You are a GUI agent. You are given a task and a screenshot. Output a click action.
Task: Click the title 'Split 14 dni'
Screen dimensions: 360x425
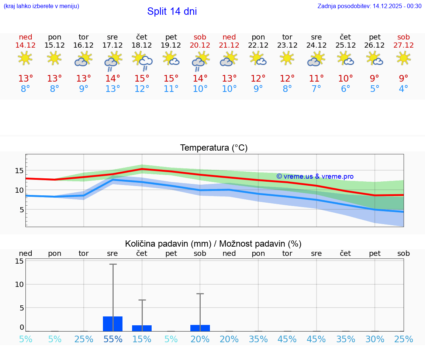(x=172, y=11)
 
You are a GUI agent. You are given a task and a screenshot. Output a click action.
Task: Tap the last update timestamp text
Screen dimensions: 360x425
(x=369, y=6)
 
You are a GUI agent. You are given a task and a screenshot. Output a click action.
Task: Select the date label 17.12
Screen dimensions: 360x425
(x=113, y=45)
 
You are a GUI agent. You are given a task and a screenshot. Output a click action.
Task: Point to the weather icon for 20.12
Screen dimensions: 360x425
(x=200, y=60)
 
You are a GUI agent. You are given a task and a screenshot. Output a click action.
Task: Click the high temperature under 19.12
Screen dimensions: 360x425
(x=171, y=79)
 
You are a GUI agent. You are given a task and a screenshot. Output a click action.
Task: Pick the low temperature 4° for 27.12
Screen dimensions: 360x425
(x=404, y=89)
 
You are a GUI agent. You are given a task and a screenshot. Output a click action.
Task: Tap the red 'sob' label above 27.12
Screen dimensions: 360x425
(x=404, y=37)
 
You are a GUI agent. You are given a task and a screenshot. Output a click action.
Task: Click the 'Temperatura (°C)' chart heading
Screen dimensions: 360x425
(x=214, y=148)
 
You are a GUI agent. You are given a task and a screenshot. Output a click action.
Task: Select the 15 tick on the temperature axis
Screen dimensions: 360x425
(x=19, y=171)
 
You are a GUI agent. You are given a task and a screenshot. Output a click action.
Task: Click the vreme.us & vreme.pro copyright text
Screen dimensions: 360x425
(x=315, y=176)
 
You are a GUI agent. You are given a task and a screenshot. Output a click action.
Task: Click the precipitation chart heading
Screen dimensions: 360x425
(x=213, y=244)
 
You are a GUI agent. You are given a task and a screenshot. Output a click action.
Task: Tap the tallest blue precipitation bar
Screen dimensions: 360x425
(x=113, y=324)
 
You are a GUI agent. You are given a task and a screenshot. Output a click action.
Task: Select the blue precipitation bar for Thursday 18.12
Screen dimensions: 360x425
(x=142, y=328)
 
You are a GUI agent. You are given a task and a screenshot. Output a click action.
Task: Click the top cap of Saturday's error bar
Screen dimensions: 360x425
(x=200, y=294)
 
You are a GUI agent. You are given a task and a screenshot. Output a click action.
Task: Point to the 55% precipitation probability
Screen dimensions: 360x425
(x=113, y=339)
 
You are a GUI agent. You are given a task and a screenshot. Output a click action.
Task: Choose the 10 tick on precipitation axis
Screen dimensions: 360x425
(x=19, y=284)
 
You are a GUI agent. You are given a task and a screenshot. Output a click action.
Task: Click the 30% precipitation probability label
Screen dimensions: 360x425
(x=375, y=339)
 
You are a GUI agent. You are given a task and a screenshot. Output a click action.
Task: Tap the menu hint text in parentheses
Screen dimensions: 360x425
(x=41, y=6)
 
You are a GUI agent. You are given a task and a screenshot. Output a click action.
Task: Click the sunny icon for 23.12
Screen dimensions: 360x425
(x=287, y=58)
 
